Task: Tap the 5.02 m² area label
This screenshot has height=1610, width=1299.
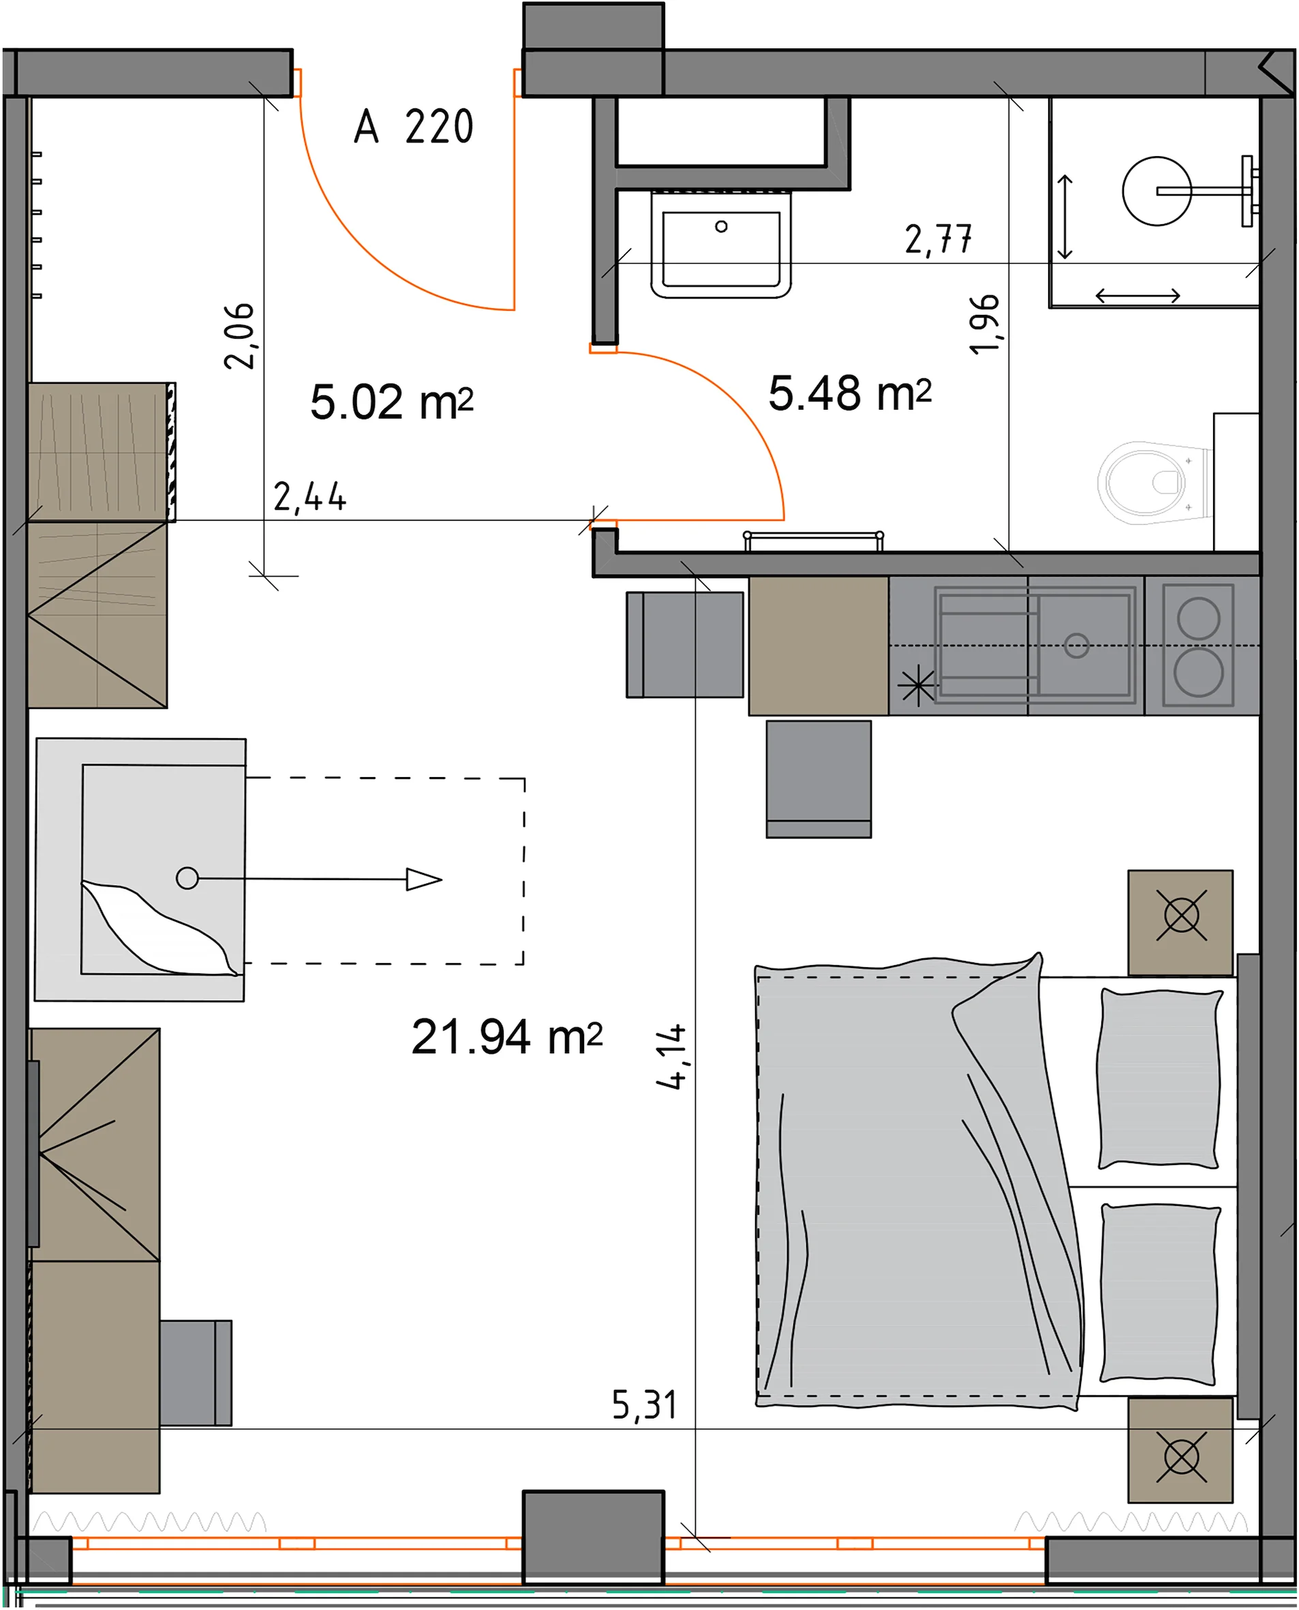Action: coord(391,402)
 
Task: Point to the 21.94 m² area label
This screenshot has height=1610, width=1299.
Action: coord(506,1037)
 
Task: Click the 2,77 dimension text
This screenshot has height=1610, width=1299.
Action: coord(938,240)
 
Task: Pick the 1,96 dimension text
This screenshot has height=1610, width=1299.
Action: coord(984,324)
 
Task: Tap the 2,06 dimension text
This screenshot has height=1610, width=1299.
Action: coord(239,336)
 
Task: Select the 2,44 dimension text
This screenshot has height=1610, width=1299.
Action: coord(310,497)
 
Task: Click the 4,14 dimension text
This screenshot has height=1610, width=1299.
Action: coord(671,1057)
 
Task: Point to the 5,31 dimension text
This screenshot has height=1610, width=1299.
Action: coord(644,1405)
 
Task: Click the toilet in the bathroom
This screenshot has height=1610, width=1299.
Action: coord(1154,483)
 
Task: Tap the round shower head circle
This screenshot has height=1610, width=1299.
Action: coord(1157,191)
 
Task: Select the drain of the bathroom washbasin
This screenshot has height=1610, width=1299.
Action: coord(721,226)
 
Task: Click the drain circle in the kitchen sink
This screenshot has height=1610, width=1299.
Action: coord(1077,645)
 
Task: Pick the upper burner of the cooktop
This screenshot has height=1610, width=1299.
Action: coord(1199,618)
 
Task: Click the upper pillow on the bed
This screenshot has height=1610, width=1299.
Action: coord(1159,1078)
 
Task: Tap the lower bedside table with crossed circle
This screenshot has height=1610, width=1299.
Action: coord(1181,1457)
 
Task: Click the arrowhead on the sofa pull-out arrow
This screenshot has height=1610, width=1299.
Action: coord(423,879)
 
